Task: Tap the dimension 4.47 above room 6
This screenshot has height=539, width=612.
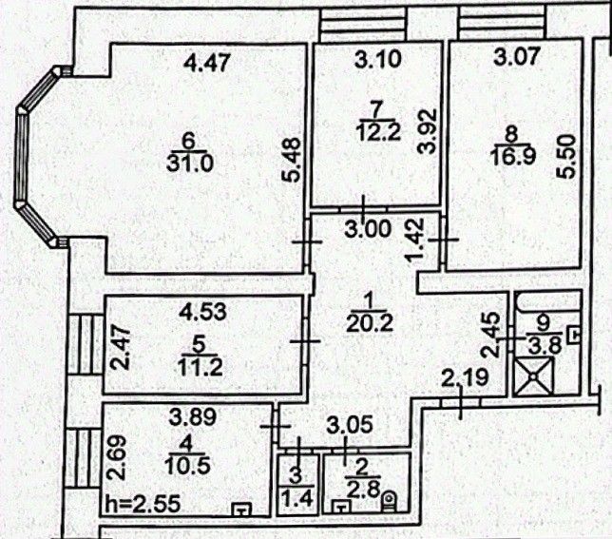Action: tap(206, 65)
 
